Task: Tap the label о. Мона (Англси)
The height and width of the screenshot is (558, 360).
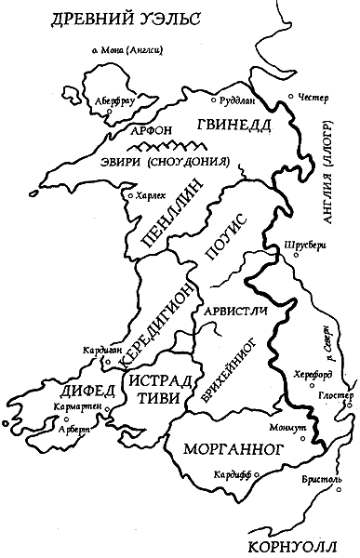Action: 118,51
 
